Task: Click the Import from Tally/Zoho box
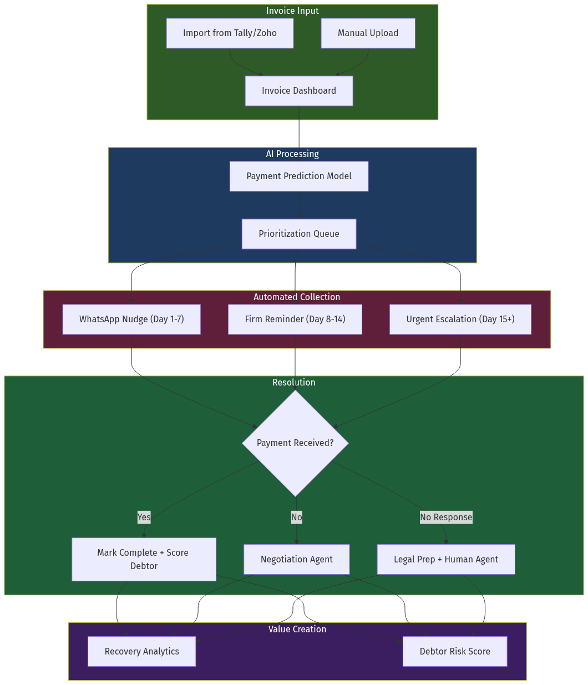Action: (230, 33)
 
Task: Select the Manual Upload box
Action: (368, 33)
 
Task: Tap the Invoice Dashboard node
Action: (299, 91)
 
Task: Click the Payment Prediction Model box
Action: (299, 176)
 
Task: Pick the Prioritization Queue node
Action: (299, 234)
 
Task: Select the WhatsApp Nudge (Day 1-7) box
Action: (131, 319)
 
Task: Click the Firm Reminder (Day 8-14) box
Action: (295, 319)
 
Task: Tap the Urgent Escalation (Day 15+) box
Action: (460, 319)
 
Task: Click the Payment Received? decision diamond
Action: (295, 443)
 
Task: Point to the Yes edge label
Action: (144, 517)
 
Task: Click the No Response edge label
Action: (446, 517)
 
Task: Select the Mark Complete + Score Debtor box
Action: (144, 559)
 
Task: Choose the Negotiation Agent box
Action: (297, 559)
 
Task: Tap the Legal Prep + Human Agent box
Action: (446, 559)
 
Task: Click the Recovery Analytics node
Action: (141, 652)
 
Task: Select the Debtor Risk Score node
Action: (455, 652)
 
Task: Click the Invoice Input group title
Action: (292, 11)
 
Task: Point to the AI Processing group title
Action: (292, 154)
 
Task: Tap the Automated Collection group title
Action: (297, 297)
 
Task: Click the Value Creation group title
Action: (297, 629)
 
